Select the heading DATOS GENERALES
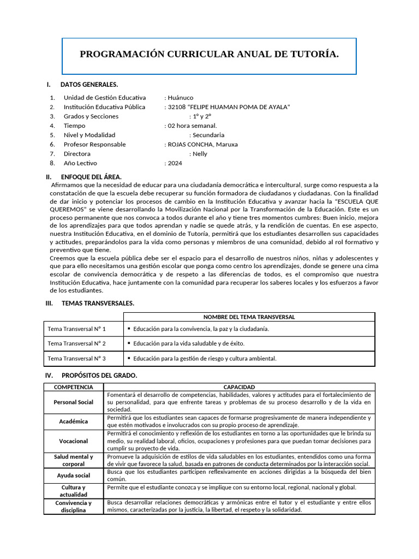89,85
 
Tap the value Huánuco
181,98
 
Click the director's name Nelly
200,154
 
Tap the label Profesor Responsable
94,145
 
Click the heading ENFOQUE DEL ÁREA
91,177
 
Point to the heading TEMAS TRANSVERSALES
98,303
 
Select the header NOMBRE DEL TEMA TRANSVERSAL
249,317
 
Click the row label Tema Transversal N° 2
77,344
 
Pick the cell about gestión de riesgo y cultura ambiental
205,359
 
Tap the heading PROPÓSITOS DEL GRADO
99,376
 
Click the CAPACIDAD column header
239,387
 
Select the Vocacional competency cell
74,441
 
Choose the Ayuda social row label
74,475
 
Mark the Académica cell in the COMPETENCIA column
74,421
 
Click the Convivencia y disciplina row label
74,507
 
